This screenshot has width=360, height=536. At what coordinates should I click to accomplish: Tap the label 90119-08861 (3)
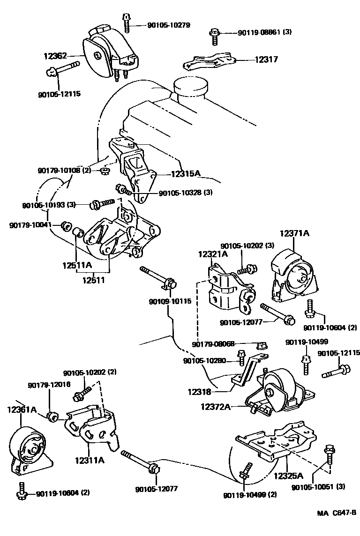coord(265,32)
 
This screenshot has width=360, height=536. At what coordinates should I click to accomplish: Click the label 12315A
coord(182,174)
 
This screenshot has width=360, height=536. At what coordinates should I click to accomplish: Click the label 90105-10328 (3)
coord(186,193)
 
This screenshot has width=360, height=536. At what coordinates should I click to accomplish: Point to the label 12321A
coord(212,254)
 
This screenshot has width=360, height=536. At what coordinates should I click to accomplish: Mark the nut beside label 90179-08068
coord(262,346)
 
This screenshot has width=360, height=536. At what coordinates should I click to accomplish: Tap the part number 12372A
coord(216,406)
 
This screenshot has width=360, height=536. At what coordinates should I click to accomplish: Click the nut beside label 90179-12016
coord(52,415)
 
